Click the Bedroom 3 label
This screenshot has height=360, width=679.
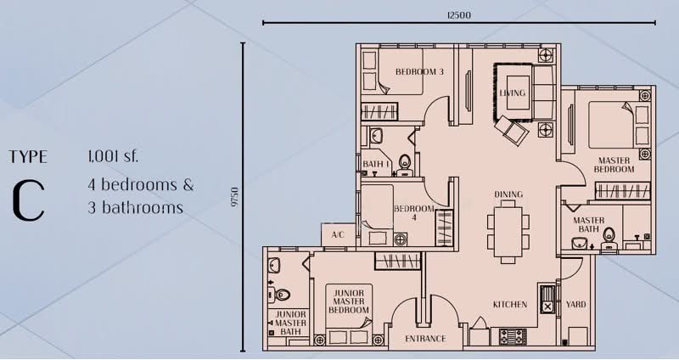pos(419,72)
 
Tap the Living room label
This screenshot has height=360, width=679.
pos(513,93)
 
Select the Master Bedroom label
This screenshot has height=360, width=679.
pos(614,165)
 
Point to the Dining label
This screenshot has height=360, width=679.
pos(508,194)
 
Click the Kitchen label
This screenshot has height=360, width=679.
pos(510,305)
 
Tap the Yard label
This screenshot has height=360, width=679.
pos(576,305)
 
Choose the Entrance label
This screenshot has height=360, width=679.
pos(425,339)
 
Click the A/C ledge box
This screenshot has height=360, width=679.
pos(338,235)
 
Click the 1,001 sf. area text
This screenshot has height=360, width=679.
pos(113,156)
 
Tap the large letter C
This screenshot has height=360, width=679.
pos(28,200)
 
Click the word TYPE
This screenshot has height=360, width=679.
pos(28,157)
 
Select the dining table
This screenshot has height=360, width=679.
pos(508,232)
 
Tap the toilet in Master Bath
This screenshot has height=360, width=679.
pos(609,239)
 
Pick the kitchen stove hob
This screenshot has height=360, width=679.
pos(513,336)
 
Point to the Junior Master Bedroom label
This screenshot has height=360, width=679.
pos(348,301)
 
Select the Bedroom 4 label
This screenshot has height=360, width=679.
pos(414,213)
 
